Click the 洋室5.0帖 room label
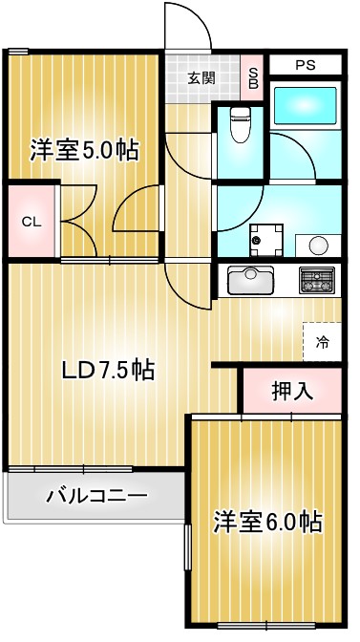[84, 150]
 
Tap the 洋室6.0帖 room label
[266, 522]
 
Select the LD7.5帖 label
[108, 370]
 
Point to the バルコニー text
[96, 497]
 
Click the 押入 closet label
[291, 390]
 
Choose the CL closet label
[32, 222]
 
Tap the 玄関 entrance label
[201, 79]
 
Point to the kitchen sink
[251, 281]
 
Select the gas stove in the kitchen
[316, 280]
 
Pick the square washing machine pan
[265, 239]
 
